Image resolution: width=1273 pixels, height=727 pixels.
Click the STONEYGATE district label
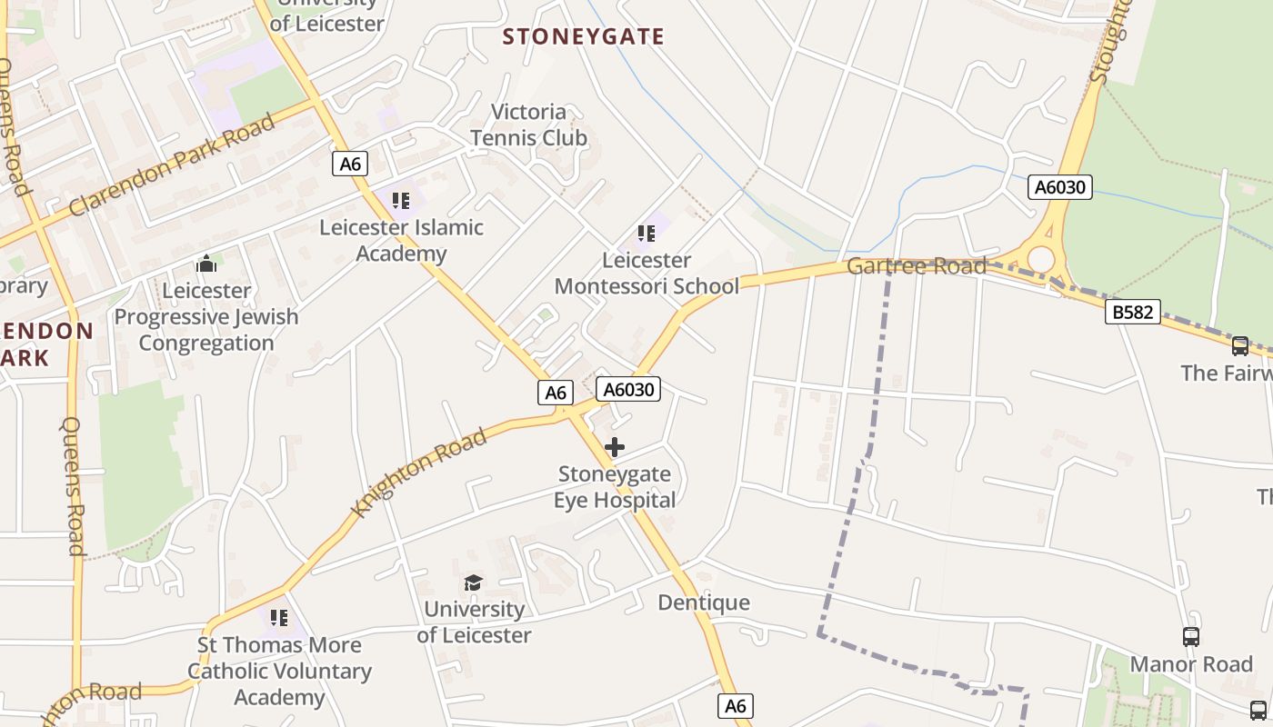[583, 37]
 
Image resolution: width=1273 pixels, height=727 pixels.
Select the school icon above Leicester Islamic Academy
[401, 200]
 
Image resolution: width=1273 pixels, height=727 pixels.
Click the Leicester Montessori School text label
[647, 274]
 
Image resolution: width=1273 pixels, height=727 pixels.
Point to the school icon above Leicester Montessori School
[647, 234]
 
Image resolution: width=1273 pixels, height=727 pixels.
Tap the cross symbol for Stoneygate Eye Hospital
[615, 447]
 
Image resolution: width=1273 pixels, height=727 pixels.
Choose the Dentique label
[704, 603]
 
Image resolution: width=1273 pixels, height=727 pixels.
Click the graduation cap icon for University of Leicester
[473, 583]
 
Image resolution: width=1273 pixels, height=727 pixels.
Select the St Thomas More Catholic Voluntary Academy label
[279, 671]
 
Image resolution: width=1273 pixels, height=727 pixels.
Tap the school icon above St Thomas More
[279, 619]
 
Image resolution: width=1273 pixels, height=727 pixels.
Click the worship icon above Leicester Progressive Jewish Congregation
[206, 264]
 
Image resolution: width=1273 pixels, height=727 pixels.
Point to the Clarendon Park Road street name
[172, 165]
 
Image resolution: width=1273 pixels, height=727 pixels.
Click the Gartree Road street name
[916, 266]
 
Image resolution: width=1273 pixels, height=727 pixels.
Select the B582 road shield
[1133, 313]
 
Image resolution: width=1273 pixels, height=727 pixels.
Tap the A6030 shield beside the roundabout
[1060, 187]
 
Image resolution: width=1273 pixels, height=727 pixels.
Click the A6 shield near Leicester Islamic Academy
[351, 164]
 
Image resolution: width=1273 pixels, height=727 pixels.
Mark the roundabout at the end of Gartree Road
[1040, 260]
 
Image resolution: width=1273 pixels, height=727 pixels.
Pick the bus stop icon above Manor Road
[1191, 637]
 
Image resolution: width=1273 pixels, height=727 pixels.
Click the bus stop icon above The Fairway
[1239, 346]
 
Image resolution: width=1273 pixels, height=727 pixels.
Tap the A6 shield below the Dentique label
[736, 705]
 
